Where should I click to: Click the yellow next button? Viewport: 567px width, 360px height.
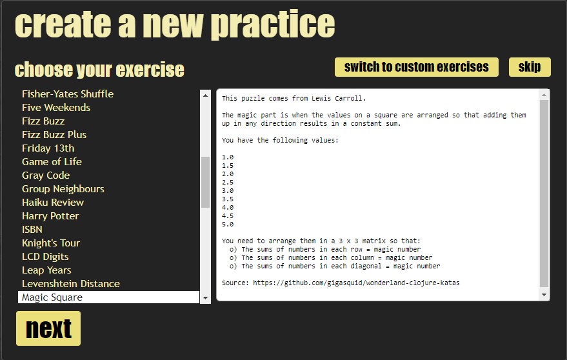coord(48,328)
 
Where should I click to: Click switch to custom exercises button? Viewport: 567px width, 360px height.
coord(416,67)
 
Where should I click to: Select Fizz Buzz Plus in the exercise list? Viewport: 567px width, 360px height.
coord(54,135)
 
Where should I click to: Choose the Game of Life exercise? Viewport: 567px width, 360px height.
coord(52,162)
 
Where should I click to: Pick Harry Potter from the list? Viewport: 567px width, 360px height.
coord(50,216)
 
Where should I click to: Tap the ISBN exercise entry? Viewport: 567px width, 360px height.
coord(32,230)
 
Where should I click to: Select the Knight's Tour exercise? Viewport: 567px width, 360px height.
coord(51,243)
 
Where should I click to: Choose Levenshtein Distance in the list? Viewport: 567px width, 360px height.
coord(71,284)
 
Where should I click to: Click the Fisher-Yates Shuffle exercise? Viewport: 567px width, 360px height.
coord(68,94)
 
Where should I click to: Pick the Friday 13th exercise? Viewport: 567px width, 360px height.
coord(48,148)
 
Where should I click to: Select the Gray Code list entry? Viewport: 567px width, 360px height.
coord(46,175)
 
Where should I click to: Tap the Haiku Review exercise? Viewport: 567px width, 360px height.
coord(53,202)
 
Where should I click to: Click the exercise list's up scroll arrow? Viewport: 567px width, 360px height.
coord(205,95)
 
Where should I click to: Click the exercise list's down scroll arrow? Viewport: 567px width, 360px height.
coord(205,298)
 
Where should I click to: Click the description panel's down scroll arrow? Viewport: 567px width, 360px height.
coord(544,295)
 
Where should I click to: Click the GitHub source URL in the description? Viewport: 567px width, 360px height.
coord(356,283)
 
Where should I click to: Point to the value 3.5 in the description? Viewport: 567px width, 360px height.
coord(228,199)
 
